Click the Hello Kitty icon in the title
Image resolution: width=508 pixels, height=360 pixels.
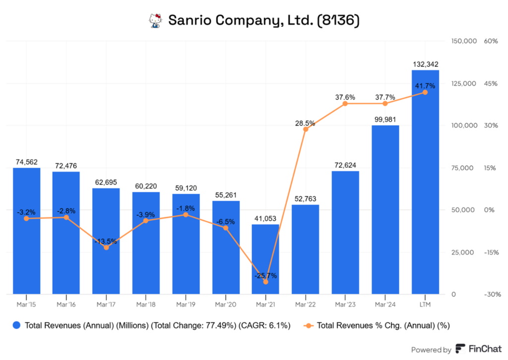[x=156, y=20]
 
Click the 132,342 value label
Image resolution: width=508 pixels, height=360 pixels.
[x=425, y=64]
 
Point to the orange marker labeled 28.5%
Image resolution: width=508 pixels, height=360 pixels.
[x=306, y=129]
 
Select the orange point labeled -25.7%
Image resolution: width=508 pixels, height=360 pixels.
[x=265, y=282]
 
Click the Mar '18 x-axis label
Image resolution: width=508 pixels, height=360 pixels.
[x=146, y=303]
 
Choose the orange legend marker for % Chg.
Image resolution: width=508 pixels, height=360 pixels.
[x=309, y=325]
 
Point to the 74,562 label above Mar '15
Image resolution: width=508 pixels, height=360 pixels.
[x=26, y=162]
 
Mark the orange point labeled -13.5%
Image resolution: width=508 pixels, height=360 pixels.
[x=106, y=247]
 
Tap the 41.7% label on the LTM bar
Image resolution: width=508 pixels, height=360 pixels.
[x=425, y=86]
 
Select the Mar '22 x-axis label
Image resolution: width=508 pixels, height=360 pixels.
[x=305, y=303]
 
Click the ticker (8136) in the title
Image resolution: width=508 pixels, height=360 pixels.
[x=335, y=20]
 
